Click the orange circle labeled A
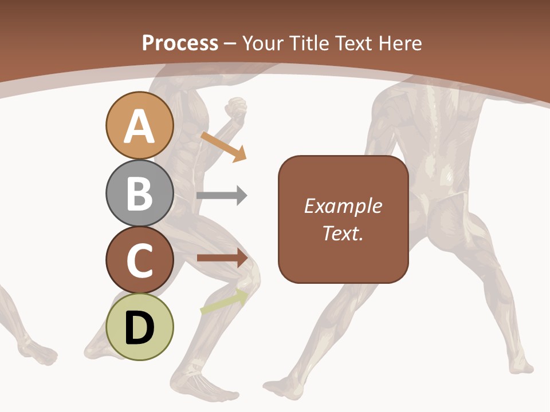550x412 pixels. click(139, 125)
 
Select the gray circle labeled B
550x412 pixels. click(139, 193)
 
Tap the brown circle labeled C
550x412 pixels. click(139, 260)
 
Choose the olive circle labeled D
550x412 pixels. click(139, 327)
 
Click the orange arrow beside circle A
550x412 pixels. click(223, 146)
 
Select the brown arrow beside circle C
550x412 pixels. click(222, 258)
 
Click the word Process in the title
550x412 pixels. click(180, 43)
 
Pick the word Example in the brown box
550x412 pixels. click(343, 206)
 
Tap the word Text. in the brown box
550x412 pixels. click(343, 233)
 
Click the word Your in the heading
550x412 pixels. click(262, 43)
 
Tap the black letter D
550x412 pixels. click(139, 328)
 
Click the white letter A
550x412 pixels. click(139, 126)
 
